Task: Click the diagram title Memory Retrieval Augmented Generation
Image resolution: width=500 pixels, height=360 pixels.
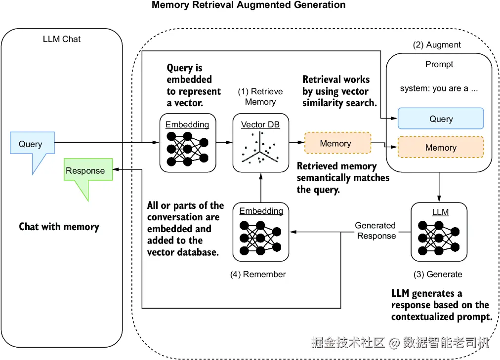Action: click(x=249, y=5)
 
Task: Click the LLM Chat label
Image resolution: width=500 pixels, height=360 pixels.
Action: click(x=62, y=39)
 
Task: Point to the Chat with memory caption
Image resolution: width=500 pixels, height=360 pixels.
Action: click(x=59, y=227)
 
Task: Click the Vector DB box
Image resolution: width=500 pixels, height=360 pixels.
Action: click(x=260, y=143)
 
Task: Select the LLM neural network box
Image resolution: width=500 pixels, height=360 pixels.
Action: click(x=439, y=232)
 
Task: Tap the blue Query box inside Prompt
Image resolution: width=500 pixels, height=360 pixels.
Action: click(x=441, y=119)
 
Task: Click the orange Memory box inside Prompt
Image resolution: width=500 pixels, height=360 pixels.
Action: click(x=441, y=147)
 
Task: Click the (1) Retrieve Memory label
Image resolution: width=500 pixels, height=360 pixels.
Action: click(x=260, y=97)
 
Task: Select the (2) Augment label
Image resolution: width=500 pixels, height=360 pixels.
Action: click(x=437, y=45)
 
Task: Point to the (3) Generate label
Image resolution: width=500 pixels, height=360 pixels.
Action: click(x=438, y=274)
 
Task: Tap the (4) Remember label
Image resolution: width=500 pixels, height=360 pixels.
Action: click(x=258, y=274)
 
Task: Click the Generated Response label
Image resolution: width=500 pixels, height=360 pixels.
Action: click(x=375, y=231)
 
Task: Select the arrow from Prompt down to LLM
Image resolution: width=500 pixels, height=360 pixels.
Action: click(x=439, y=187)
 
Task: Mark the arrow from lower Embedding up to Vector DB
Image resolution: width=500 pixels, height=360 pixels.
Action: click(x=260, y=187)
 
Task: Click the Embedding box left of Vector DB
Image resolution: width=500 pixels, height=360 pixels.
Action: click(x=188, y=143)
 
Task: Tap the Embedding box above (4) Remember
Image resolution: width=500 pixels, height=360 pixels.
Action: click(x=261, y=231)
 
